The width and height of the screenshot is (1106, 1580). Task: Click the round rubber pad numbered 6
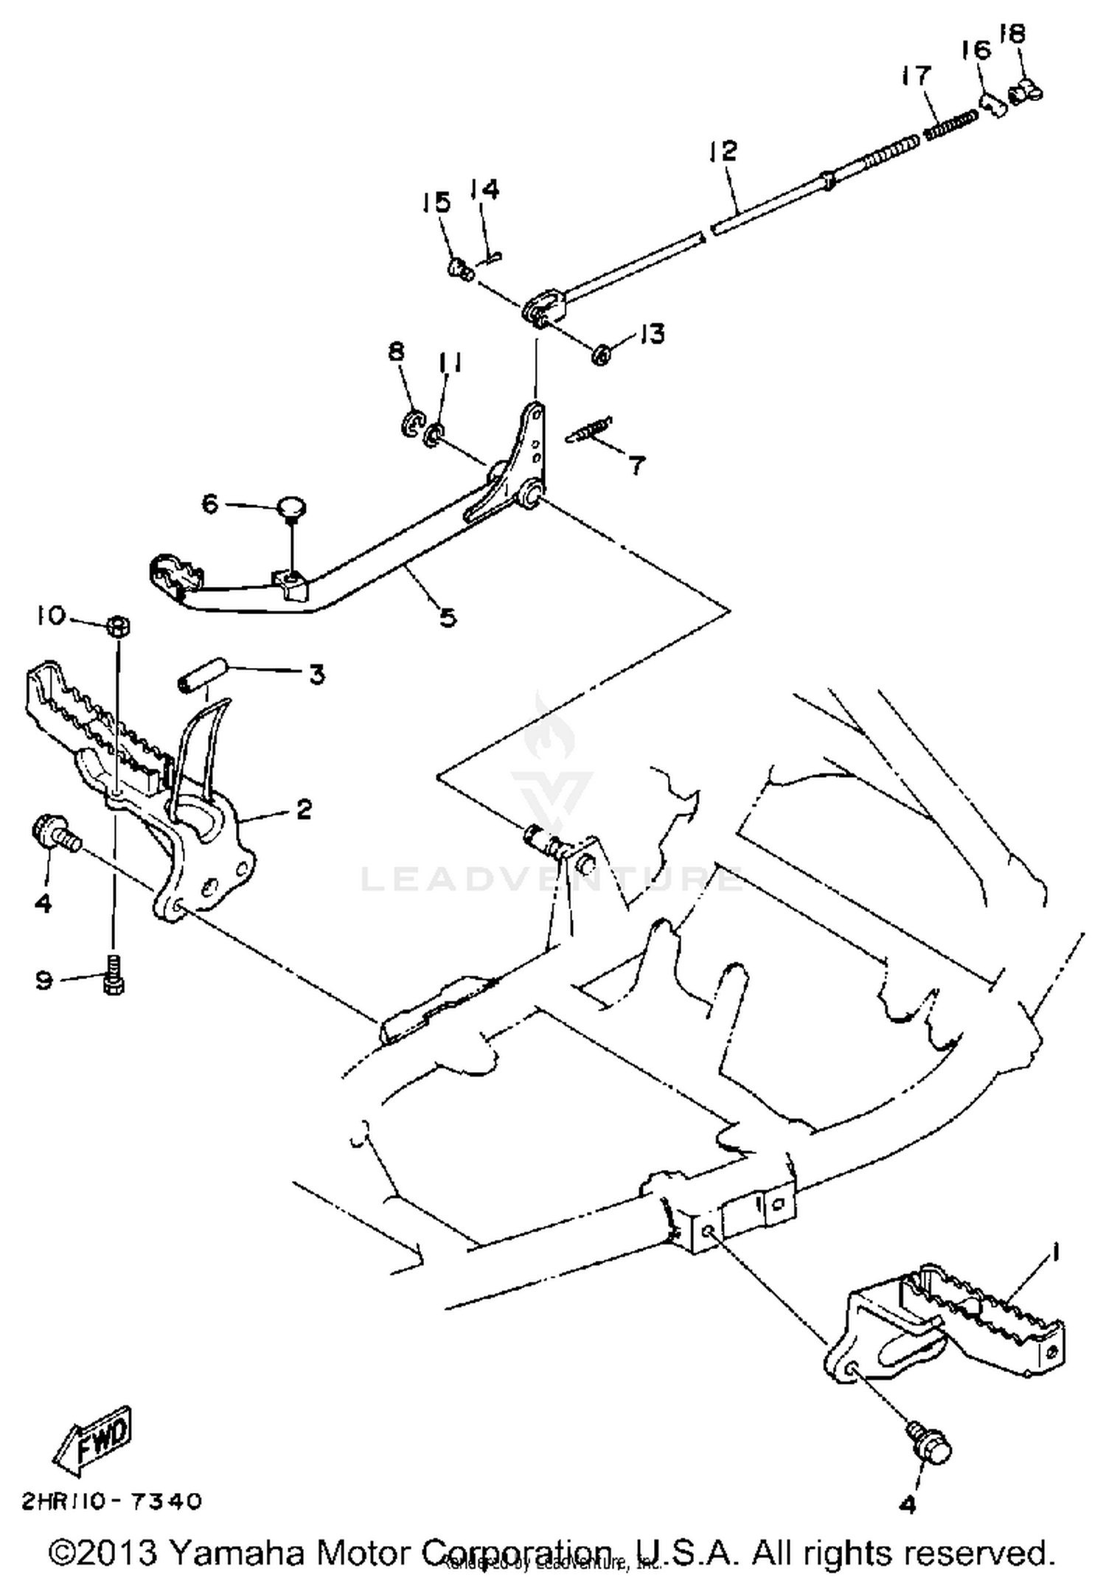point(292,507)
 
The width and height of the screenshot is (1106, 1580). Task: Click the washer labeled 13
point(601,356)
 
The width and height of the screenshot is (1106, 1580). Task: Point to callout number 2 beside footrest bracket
point(303,809)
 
